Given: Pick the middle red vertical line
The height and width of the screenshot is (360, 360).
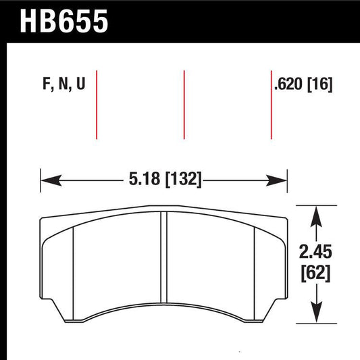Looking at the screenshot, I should pyautogui.click(x=184, y=104).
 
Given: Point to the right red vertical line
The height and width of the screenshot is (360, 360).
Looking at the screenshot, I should pyautogui.click(x=271, y=104).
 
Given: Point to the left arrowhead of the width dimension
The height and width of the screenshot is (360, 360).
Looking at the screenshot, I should pyautogui.click(x=47, y=180).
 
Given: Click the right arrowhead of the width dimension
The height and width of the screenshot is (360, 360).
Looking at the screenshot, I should pyautogui.click(x=282, y=180).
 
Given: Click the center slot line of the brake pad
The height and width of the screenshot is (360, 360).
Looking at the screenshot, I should pyautogui.click(x=162, y=260).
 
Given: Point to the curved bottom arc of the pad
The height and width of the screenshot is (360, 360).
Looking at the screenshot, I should pyautogui.click(x=162, y=307).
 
